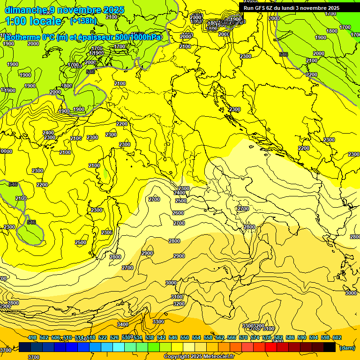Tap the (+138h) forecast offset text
point(83,21)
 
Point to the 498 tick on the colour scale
point(32,337)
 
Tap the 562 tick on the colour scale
point(220,337)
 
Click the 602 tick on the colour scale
point(337,337)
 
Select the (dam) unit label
point(347,347)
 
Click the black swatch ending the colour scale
point(330,347)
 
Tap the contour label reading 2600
point(179,213)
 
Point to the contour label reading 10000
point(6,151)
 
